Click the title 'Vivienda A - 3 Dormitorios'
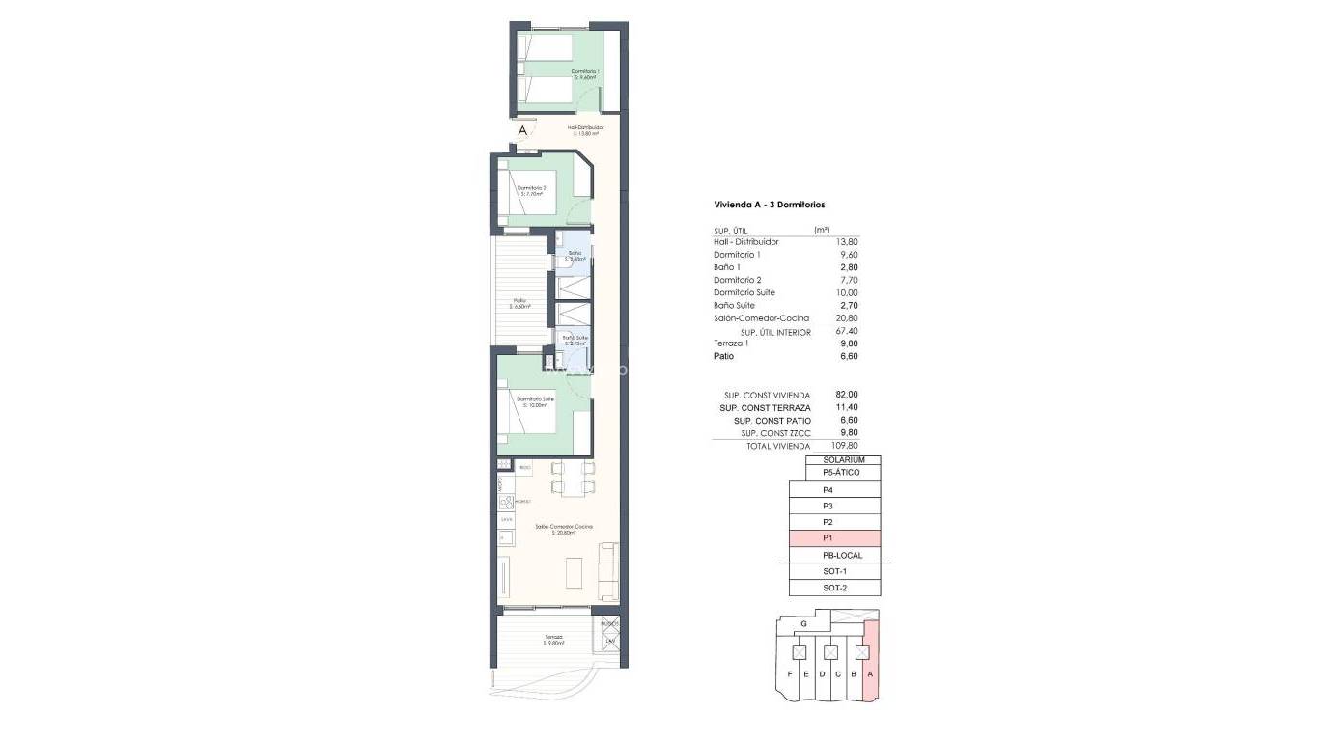click(x=769, y=205)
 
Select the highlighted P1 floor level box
click(x=835, y=538)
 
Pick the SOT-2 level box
click(x=835, y=588)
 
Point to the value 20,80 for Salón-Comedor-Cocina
click(x=847, y=318)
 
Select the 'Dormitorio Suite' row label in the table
click(x=744, y=292)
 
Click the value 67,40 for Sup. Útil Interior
click(x=846, y=331)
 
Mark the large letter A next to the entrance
click(x=522, y=130)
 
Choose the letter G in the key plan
click(x=804, y=624)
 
